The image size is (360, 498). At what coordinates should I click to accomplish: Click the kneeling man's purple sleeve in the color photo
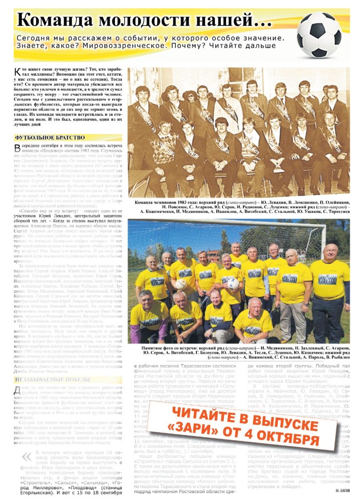(135, 334)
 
